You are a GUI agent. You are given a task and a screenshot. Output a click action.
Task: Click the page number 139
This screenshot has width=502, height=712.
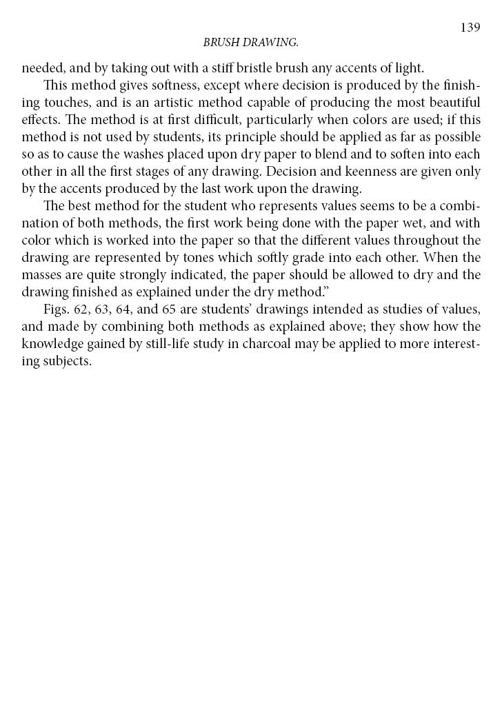point(470,28)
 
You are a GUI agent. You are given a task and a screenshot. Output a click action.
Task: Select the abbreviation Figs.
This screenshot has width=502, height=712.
point(56,309)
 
